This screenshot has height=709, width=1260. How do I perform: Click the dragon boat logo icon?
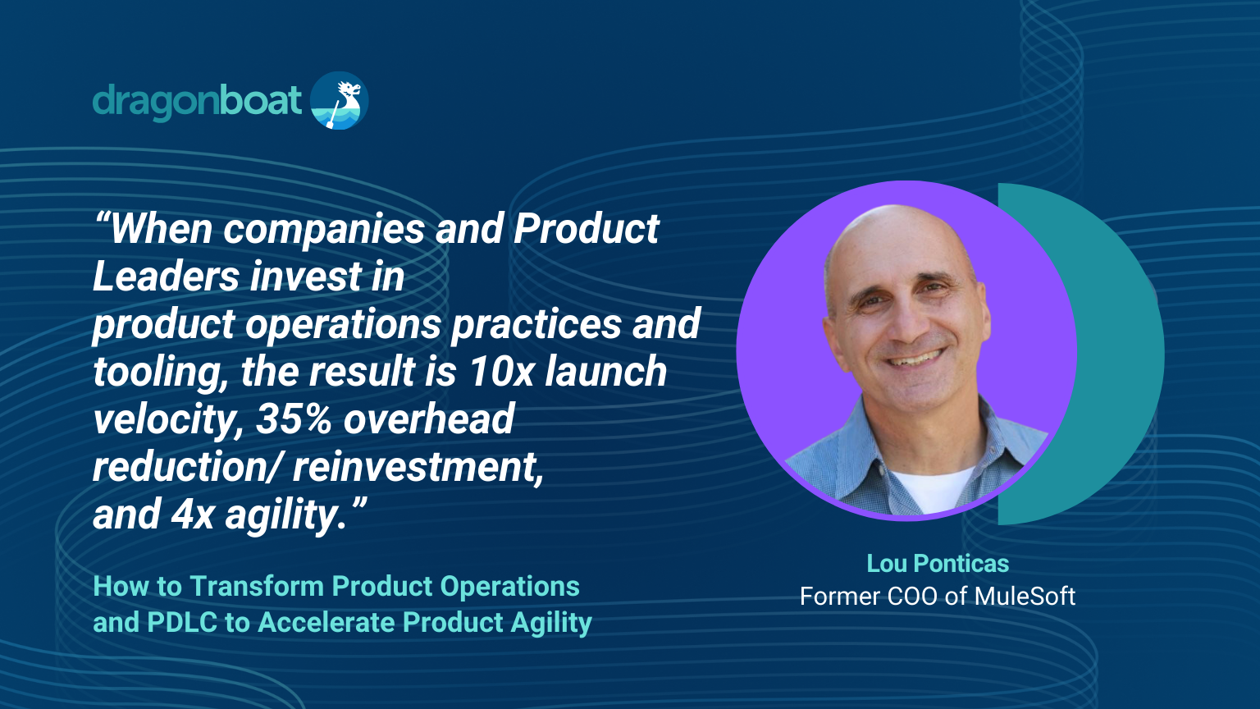(x=340, y=100)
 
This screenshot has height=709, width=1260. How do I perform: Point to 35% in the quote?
(x=294, y=419)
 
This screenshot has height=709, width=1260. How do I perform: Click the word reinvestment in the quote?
(x=418, y=467)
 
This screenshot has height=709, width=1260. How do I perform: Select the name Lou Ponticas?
(x=938, y=564)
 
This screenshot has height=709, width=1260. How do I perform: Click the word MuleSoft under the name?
(x=1025, y=597)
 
